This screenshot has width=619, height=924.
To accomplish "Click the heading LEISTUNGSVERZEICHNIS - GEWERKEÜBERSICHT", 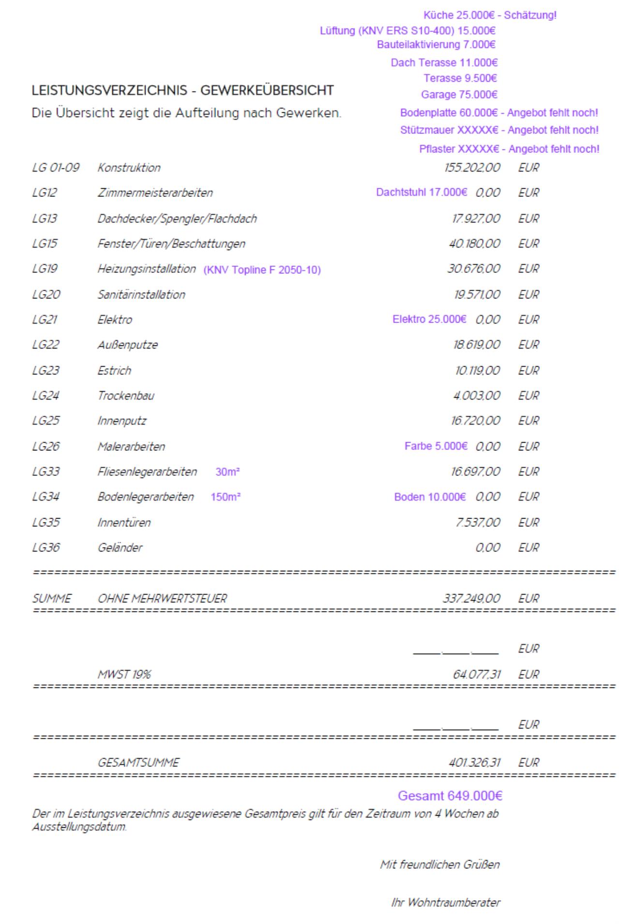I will (182, 90).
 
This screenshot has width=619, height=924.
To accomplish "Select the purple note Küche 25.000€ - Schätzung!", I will (489, 15).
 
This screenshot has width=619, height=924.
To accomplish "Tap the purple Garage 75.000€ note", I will (459, 94).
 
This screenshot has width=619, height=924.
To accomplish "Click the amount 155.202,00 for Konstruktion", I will (472, 168).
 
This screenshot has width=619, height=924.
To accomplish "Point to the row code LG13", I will (44, 219).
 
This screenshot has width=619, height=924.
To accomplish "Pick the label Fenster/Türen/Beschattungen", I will (171, 244).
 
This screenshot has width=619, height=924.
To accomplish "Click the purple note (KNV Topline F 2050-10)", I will (262, 270).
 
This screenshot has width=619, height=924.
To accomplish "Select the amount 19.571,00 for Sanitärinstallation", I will (476, 295).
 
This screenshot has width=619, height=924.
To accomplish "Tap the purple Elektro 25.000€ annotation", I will (429, 319).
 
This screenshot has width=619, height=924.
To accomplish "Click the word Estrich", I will (115, 371).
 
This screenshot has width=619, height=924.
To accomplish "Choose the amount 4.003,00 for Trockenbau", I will (476, 396).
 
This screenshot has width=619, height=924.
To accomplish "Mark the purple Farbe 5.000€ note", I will (436, 446).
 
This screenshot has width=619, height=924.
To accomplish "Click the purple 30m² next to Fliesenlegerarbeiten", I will (228, 472).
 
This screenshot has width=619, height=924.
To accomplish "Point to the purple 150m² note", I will (225, 497).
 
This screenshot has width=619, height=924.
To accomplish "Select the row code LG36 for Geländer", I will (46, 548).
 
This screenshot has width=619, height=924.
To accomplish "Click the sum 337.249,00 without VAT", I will (472, 598).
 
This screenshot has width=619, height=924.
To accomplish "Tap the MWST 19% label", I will (124, 674).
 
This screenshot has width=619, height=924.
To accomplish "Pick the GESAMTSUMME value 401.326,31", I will (474, 762).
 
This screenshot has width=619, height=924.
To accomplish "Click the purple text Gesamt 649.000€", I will (450, 796).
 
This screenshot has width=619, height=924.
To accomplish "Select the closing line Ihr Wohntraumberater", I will (445, 902).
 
